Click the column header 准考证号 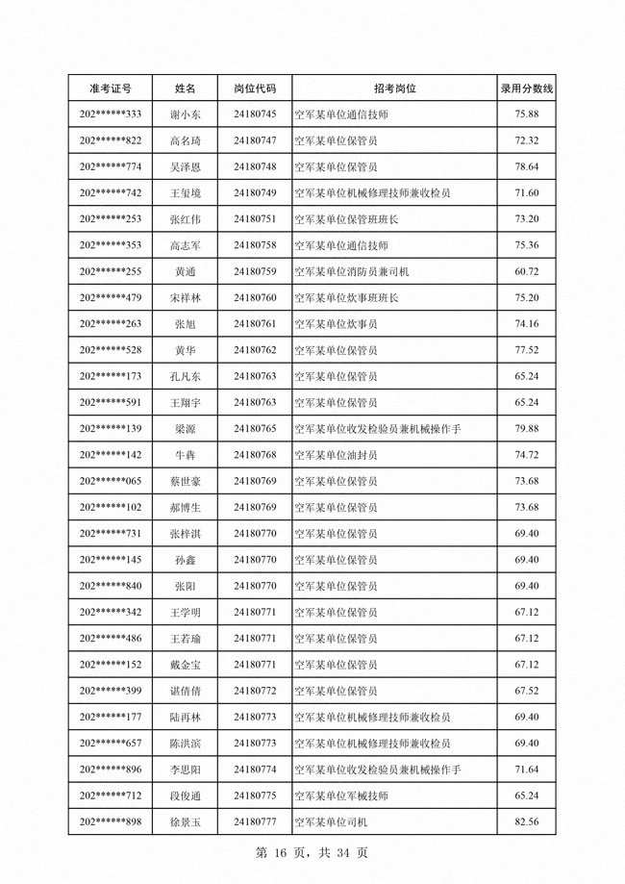(110, 88)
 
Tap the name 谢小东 (186, 114)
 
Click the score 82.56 (526, 821)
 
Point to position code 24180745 (255, 114)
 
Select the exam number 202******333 (110, 114)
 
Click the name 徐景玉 (186, 821)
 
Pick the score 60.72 (526, 271)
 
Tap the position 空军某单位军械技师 (340, 796)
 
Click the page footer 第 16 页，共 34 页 (312, 853)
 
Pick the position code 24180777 (255, 821)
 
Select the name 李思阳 (186, 770)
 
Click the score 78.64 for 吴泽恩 (526, 166)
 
